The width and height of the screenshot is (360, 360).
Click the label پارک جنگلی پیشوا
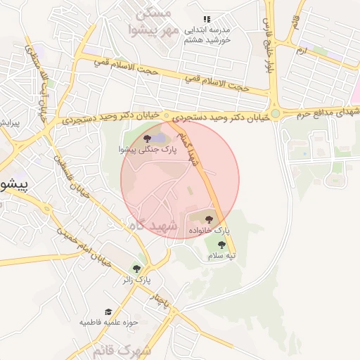(146, 150)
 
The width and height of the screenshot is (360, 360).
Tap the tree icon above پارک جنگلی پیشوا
(146, 139)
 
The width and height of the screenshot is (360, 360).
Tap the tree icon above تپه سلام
(221, 245)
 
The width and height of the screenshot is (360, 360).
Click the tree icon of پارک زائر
(136, 269)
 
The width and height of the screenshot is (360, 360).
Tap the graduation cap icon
(108, 311)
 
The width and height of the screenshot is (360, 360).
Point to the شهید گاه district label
(146, 224)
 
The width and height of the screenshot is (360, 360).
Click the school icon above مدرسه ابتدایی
(206, 20)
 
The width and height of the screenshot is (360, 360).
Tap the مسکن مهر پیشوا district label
(150, 21)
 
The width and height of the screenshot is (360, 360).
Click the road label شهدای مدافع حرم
(324, 113)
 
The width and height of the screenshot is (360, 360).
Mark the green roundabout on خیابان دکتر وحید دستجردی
(276, 112)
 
